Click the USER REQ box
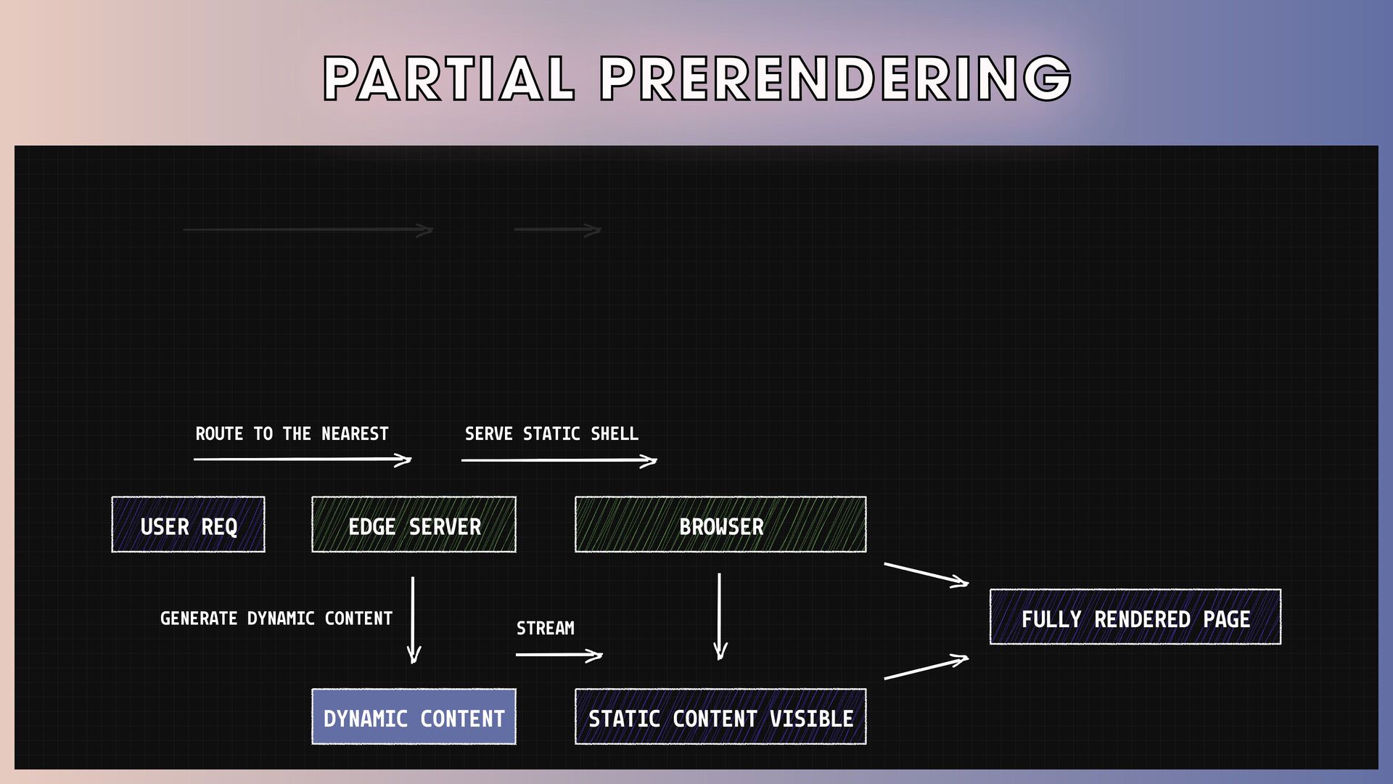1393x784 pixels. [188, 525]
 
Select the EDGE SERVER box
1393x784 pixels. [414, 525]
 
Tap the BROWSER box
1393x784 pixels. [720, 525]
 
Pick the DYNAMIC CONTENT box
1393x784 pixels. [414, 717]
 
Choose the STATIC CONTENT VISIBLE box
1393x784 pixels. [720, 717]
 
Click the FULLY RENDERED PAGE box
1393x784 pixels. [1135, 618]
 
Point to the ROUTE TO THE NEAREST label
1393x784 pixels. [292, 434]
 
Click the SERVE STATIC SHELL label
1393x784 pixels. [551, 434]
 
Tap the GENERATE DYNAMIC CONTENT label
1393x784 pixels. [276, 618]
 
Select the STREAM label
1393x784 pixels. [545, 628]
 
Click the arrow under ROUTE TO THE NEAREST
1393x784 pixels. [302, 460]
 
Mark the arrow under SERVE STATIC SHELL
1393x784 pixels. [559, 460]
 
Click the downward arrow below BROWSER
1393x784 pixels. [719, 616]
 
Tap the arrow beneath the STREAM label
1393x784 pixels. [559, 655]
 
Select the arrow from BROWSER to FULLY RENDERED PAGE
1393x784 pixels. [926, 573]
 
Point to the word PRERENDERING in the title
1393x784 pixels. [835, 78]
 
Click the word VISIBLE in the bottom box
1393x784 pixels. [811, 719]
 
